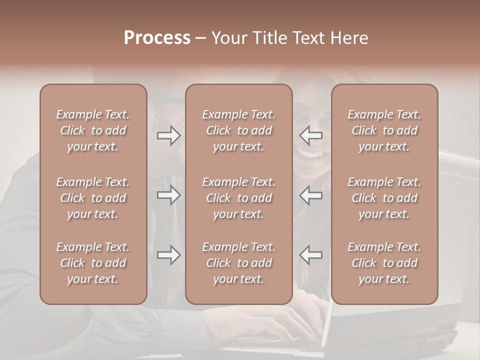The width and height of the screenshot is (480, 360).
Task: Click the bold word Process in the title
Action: pyautogui.click(x=157, y=38)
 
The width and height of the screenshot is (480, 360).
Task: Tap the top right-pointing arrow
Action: pyautogui.click(x=169, y=135)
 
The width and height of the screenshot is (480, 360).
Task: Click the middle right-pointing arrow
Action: pyautogui.click(x=169, y=195)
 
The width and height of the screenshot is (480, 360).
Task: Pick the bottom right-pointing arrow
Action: pyautogui.click(x=169, y=255)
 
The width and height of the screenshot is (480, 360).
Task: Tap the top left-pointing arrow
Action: pyautogui.click(x=311, y=135)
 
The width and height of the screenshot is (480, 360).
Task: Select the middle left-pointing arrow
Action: pyautogui.click(x=311, y=195)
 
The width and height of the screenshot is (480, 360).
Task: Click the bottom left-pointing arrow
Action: pyautogui.click(x=311, y=255)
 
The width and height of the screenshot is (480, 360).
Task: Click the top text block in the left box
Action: pyautogui.click(x=93, y=130)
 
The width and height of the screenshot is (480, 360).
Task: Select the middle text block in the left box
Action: pyautogui.click(x=93, y=198)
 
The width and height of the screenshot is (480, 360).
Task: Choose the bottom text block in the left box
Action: pyautogui.click(x=93, y=263)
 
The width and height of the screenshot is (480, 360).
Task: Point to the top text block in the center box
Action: pyautogui.click(x=238, y=130)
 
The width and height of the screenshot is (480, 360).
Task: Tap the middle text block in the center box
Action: pyautogui.click(x=238, y=198)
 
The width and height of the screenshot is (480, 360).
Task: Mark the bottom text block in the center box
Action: pyautogui.click(x=238, y=263)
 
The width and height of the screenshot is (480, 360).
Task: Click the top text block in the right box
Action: pyautogui.click(x=384, y=130)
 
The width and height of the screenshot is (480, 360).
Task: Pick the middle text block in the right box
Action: pyautogui.click(x=384, y=198)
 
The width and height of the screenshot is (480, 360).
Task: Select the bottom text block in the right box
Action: pyautogui.click(x=384, y=263)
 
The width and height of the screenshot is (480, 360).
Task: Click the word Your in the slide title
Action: pyautogui.click(x=229, y=38)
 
